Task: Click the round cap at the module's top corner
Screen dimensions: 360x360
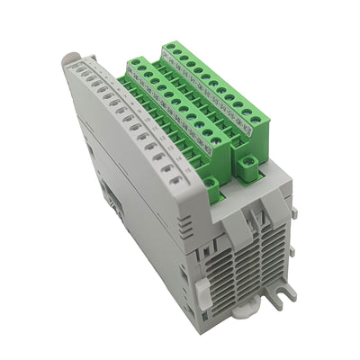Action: [x=69, y=61]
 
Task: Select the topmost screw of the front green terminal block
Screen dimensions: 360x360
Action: [x=135, y=64]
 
